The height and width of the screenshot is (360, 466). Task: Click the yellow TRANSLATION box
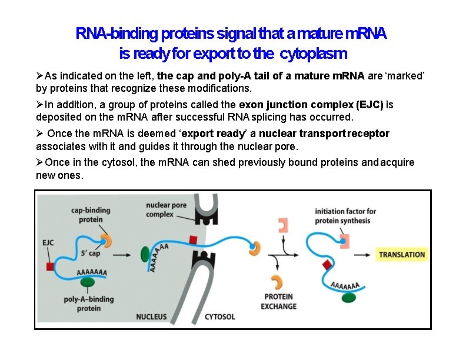click(x=402, y=255)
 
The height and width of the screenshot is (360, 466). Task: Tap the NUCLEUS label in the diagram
click(x=151, y=317)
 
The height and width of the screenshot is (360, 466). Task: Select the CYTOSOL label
click(x=219, y=317)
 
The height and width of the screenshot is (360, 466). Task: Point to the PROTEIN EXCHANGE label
click(x=278, y=302)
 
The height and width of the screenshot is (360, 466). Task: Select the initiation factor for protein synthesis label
click(x=342, y=216)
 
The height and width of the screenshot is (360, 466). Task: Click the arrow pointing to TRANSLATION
click(x=364, y=255)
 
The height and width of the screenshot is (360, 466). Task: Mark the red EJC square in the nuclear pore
click(x=192, y=239)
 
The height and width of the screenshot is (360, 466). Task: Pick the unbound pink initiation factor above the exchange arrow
click(x=283, y=224)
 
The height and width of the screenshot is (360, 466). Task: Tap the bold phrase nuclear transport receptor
click(x=324, y=134)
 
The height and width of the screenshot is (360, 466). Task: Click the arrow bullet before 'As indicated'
click(x=40, y=76)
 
